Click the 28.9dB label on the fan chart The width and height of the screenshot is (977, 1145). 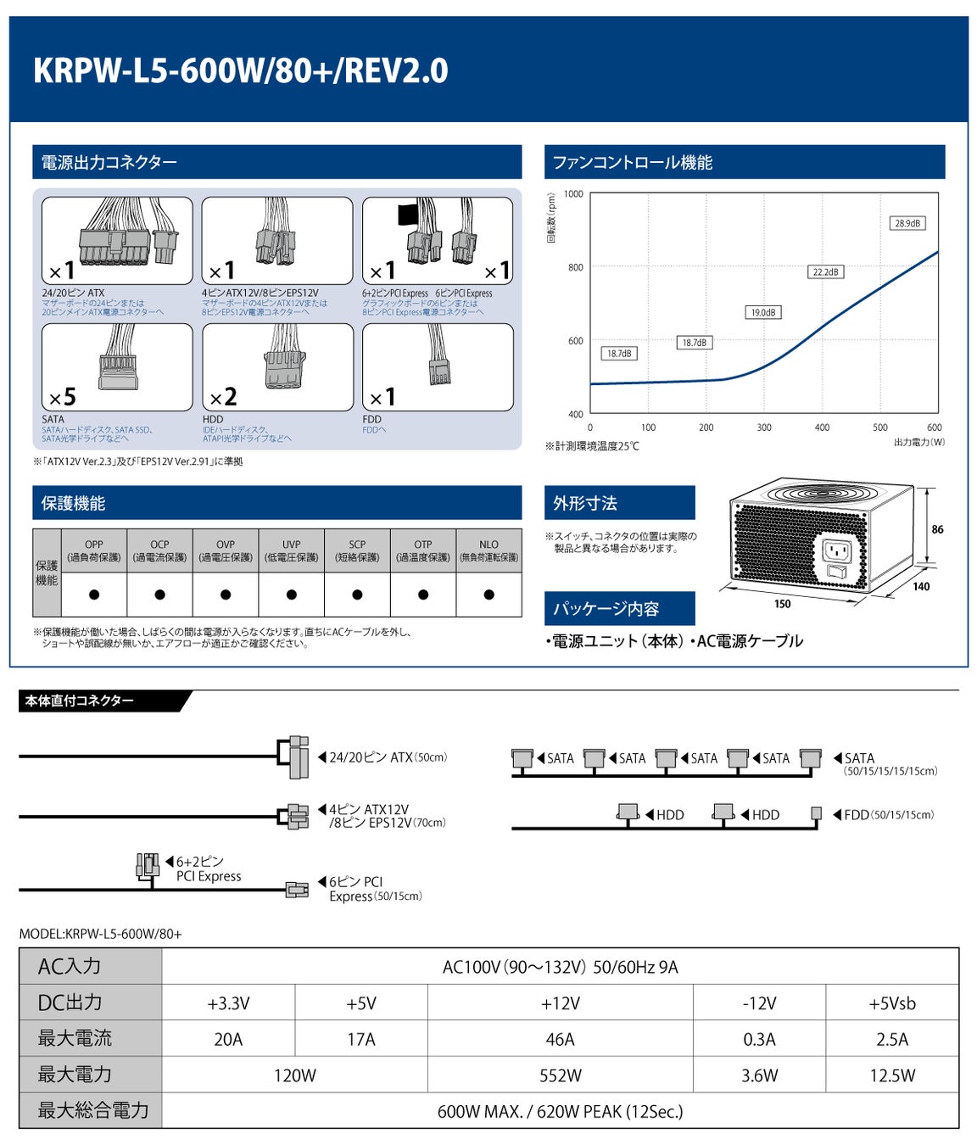click(x=907, y=223)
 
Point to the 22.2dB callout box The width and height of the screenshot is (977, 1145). click(x=825, y=271)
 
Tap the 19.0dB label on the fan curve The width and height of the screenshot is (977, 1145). click(x=762, y=312)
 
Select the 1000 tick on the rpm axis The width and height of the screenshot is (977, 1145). click(x=573, y=194)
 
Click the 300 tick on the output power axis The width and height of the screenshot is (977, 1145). click(x=764, y=427)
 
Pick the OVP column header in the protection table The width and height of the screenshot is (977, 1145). click(x=226, y=550)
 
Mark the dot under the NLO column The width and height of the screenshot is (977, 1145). click(x=488, y=595)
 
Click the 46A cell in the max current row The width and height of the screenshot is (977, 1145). click(x=560, y=1039)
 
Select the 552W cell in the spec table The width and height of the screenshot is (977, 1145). click(x=560, y=1075)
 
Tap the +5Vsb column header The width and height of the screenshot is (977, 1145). click(x=892, y=1003)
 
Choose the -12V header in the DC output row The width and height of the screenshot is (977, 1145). click(x=759, y=1003)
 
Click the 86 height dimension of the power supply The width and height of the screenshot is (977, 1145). click(x=937, y=529)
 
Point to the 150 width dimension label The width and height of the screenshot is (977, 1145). click(x=782, y=604)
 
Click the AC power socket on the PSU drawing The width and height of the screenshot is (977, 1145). click(x=836, y=550)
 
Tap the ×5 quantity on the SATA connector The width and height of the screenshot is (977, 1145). click(x=63, y=397)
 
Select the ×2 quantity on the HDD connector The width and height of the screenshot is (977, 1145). click(x=223, y=397)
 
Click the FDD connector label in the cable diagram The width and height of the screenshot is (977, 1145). click(x=857, y=815)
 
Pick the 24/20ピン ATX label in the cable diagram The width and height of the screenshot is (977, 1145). click(x=371, y=757)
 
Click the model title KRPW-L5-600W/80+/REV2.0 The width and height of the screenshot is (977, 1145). click(x=240, y=70)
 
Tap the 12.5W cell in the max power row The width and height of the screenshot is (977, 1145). click(x=892, y=1075)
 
